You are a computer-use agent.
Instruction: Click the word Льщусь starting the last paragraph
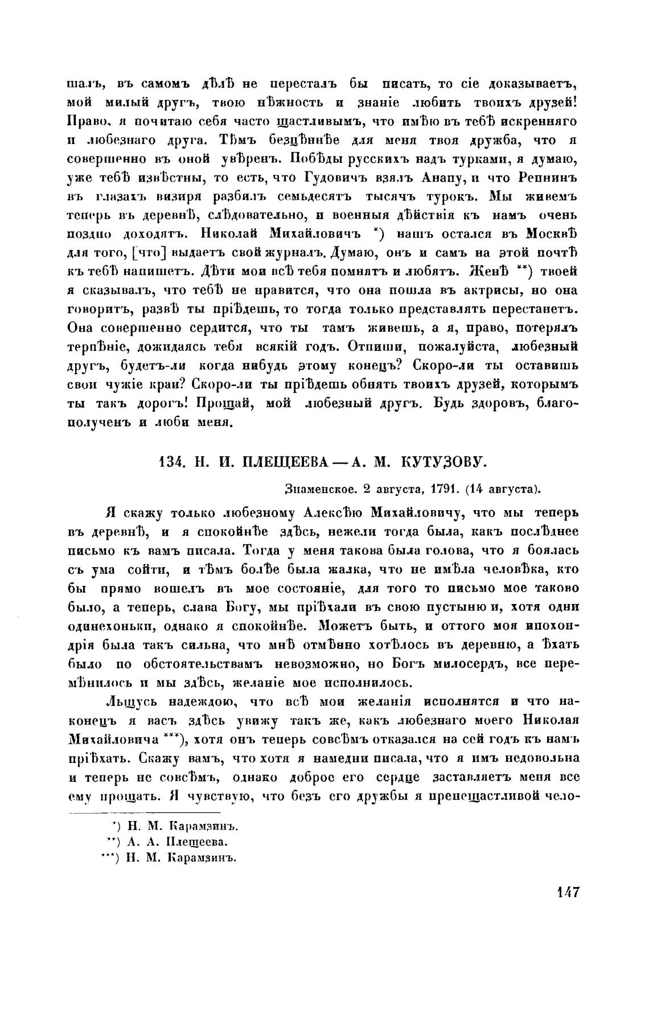point(139,701)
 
